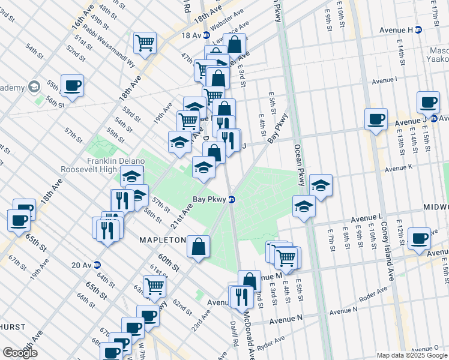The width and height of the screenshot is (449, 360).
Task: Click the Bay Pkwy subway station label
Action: [x=208, y=199]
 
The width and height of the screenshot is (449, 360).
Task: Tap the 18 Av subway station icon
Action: [x=206, y=35]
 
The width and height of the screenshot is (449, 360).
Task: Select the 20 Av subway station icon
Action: [x=97, y=265]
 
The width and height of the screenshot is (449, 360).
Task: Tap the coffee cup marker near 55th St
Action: [x=72, y=85]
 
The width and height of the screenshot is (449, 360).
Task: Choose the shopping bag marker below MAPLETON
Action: [x=198, y=246]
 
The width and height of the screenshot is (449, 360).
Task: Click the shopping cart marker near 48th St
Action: [x=145, y=42]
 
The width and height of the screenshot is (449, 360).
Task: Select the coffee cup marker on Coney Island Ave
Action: [x=376, y=118]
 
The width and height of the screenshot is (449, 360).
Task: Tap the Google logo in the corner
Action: [x=19, y=353]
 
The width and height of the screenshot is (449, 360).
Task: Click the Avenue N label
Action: [x=286, y=322]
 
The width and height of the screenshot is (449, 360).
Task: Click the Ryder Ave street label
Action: [x=271, y=344]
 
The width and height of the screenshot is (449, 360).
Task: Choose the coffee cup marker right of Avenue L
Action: [x=419, y=238]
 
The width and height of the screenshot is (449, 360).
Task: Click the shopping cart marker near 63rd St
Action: [x=154, y=287]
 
